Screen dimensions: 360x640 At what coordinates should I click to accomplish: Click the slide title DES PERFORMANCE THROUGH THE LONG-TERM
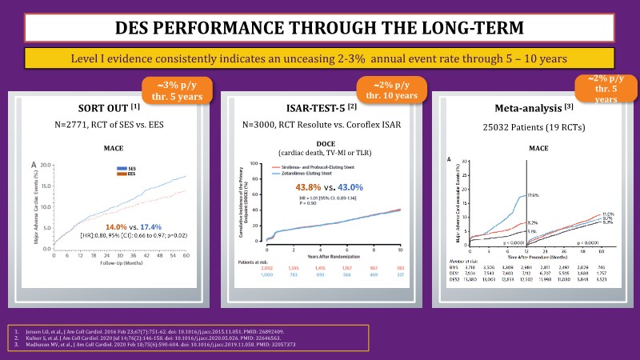(x=320, y=26)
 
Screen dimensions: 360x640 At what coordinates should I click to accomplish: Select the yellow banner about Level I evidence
(x=320, y=58)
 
